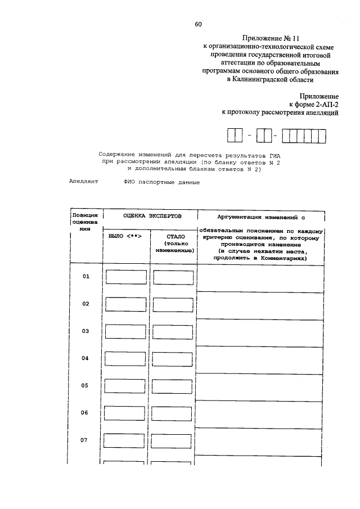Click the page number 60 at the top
[x=198, y=24]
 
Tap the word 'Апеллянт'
[x=84, y=182]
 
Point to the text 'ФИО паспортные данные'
[x=162, y=182]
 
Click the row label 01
[x=86, y=277]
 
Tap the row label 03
[x=86, y=331]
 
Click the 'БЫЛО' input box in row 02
[x=126, y=304]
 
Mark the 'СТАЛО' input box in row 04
[x=173, y=359]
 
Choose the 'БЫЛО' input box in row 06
[x=126, y=413]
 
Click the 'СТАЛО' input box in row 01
[x=173, y=277]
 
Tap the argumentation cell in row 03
[x=260, y=332]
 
